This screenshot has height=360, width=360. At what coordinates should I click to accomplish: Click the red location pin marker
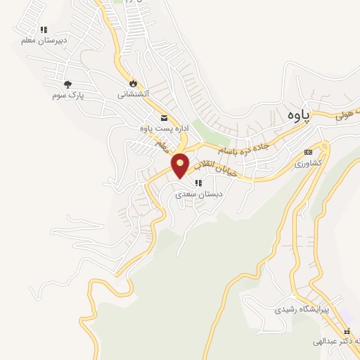point(181,164)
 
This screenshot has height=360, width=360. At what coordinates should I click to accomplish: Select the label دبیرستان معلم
point(44,40)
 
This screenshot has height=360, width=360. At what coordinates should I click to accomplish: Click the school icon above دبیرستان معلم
point(44,30)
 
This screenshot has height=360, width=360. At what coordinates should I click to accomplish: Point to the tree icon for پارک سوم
point(67,84)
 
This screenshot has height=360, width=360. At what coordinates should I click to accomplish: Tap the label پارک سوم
point(67,94)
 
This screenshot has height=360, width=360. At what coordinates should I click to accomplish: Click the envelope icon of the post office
point(164,117)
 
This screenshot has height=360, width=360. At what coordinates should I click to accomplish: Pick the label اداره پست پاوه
point(156,128)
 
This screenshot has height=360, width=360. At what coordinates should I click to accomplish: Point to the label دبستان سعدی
point(199,193)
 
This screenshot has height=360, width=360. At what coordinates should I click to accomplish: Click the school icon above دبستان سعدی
point(197,183)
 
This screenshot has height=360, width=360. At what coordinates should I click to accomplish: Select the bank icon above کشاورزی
point(308,152)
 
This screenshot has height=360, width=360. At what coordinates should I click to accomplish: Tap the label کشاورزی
point(308,162)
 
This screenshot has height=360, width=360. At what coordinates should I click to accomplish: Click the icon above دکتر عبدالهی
point(346,332)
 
